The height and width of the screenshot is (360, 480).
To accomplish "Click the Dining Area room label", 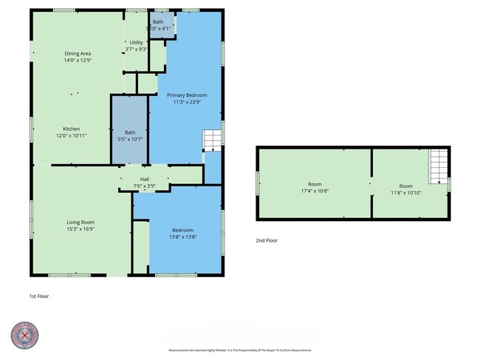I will [77, 53].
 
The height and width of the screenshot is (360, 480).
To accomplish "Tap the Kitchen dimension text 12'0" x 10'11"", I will [72, 136].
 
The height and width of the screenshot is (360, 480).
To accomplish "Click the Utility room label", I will [136, 43].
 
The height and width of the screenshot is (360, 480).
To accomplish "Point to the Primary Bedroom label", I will [187, 95].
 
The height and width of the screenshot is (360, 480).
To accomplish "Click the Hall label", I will [145, 179].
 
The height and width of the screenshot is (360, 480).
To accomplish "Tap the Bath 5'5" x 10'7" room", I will [130, 135].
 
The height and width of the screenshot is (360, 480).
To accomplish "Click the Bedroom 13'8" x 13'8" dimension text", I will [182, 237].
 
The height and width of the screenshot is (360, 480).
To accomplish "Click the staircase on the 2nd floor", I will [439, 161].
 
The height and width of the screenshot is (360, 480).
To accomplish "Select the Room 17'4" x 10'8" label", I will [315, 184].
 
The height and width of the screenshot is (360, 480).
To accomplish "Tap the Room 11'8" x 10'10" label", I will [406, 186].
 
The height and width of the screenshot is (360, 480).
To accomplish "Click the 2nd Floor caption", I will [267, 240].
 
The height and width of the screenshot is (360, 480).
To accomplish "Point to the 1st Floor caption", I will [40, 296].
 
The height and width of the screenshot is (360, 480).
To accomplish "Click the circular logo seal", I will [24, 335].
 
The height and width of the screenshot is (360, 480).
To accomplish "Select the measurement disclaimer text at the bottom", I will [240, 350].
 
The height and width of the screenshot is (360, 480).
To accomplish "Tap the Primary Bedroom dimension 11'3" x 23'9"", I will [187, 103].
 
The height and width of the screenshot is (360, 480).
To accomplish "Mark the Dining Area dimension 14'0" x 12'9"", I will [77, 61].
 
